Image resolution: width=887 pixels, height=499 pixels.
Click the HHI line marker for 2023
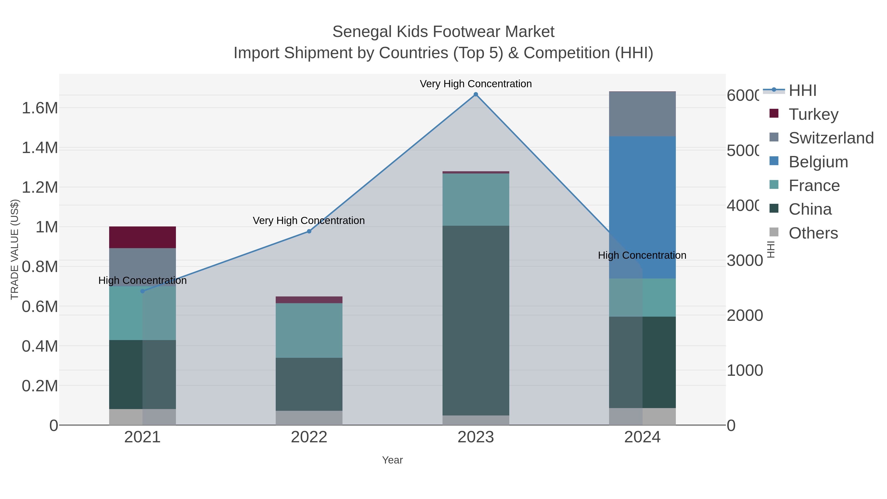coord(476,94)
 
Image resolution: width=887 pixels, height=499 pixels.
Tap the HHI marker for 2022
coord(309,231)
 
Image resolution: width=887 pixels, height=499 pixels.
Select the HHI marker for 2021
coord(143,291)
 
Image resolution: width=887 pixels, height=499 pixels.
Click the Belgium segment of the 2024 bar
coord(642,207)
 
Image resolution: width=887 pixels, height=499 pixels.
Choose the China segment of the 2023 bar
coord(476,320)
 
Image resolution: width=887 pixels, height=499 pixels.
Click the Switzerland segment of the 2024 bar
coord(642,114)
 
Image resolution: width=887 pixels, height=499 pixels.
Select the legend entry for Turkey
coord(813,114)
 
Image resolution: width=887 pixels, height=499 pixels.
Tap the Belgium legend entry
coord(818,162)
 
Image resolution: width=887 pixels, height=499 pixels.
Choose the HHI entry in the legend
coord(802,91)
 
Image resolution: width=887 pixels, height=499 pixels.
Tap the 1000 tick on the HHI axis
coord(744,371)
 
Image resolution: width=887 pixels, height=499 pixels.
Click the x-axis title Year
coord(392,460)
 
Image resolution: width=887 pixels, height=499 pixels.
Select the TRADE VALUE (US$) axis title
coord(15,249)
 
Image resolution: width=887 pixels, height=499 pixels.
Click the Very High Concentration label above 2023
coord(476,84)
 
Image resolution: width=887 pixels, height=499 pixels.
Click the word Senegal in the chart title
coord(362,32)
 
